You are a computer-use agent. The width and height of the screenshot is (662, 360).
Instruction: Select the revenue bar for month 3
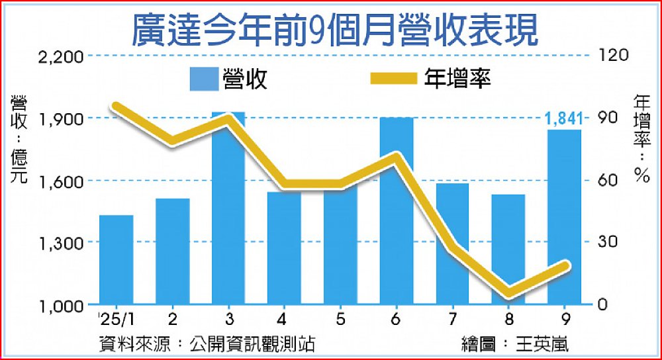[228, 212]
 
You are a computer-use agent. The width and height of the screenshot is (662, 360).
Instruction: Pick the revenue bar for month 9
[565, 218]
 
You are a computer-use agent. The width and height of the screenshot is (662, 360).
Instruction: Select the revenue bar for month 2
[173, 251]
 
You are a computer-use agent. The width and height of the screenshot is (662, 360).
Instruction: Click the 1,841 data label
[563, 118]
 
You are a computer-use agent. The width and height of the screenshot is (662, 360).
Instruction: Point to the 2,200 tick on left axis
[60, 57]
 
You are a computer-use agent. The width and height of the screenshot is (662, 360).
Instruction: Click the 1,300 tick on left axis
[60, 244]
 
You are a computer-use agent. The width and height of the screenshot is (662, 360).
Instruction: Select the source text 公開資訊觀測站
[252, 343]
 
